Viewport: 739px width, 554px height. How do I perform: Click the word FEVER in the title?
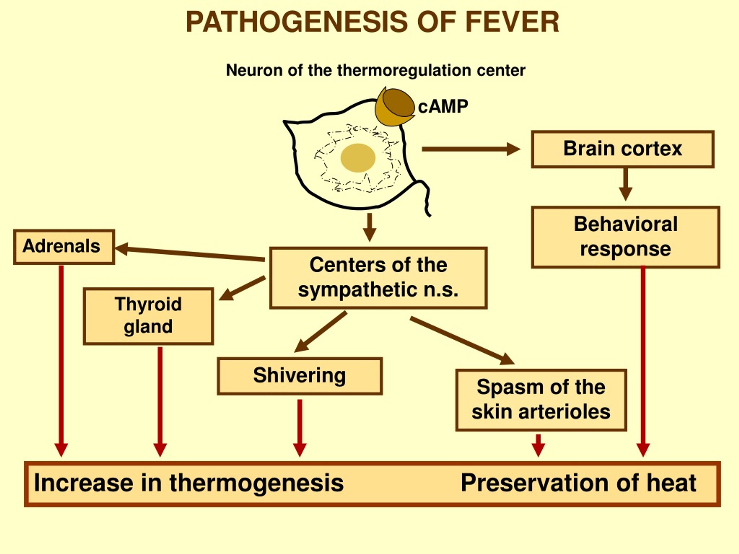512,22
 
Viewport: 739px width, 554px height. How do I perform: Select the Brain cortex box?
623,149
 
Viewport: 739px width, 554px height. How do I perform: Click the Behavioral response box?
626,237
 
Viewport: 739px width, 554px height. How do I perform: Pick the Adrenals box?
64,247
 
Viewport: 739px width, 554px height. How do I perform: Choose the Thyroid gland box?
148,316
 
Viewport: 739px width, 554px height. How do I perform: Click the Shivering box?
300,376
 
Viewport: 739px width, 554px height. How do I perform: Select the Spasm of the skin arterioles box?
541,400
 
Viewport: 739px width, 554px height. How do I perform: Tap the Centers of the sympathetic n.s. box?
378,278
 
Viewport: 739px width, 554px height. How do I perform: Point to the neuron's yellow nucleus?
358,158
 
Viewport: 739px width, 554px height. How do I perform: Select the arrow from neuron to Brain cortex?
471,149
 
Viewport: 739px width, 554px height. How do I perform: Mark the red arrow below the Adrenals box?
61,361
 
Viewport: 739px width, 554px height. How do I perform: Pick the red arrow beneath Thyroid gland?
160,402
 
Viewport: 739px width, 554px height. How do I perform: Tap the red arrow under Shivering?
300,428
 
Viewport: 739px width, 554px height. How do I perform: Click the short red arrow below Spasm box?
538,446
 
